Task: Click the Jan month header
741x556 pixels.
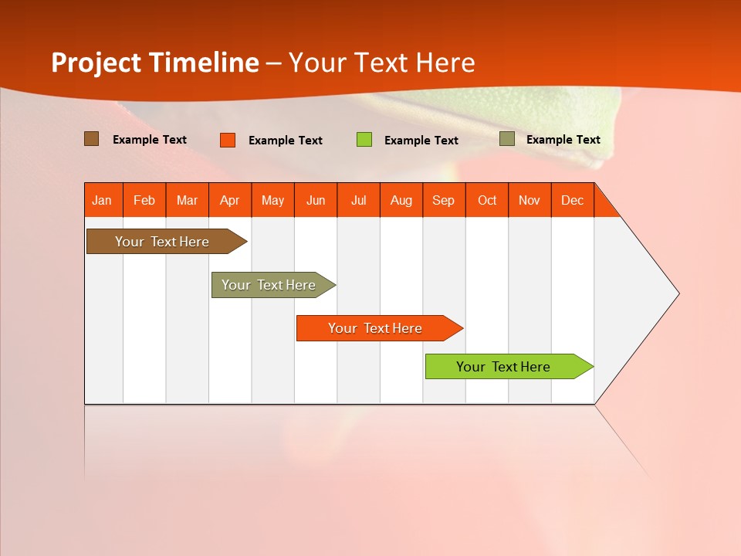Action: click(x=103, y=200)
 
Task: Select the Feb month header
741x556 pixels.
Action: click(x=144, y=200)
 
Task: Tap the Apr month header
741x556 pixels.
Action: click(x=230, y=200)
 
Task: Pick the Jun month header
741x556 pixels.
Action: click(x=316, y=200)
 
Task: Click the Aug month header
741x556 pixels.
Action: click(x=401, y=200)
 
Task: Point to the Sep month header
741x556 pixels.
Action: click(x=444, y=200)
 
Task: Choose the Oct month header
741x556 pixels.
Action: click(x=487, y=200)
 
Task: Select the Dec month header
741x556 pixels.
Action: click(x=573, y=200)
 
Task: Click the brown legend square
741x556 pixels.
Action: click(x=92, y=139)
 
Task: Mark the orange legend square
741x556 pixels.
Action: click(x=228, y=140)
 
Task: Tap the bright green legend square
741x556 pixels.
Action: click(x=364, y=140)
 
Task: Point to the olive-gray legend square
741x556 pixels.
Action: click(x=507, y=139)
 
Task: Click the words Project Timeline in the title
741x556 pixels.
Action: click(x=154, y=63)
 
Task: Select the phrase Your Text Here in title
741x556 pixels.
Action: click(x=381, y=63)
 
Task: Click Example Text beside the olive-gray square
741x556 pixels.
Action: click(x=563, y=139)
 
